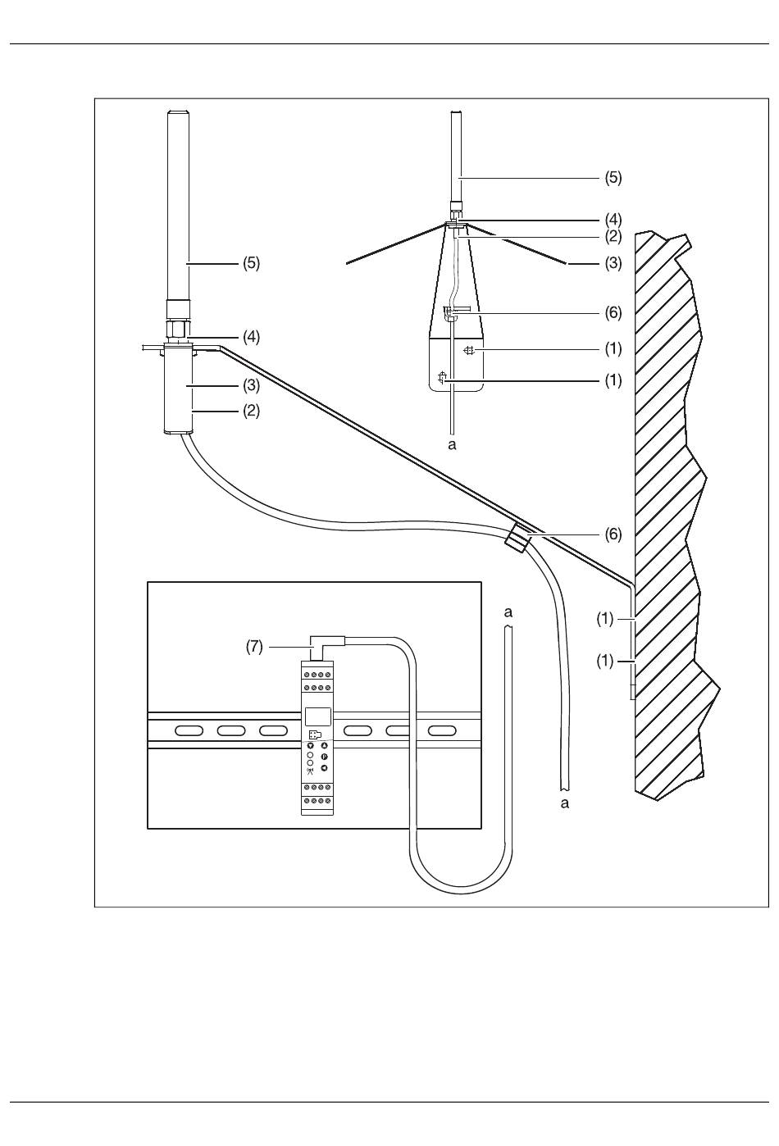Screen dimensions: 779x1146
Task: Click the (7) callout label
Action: [x=254, y=647]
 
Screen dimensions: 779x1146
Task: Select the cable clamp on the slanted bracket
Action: [x=517, y=539]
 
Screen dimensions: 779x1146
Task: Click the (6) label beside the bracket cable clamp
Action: [x=613, y=534]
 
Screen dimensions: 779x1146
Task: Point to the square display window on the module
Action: [x=317, y=716]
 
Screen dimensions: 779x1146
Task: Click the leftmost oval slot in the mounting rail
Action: [x=189, y=730]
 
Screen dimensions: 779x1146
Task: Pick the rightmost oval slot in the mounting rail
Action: [x=442, y=730]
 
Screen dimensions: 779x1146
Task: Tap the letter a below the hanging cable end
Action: [x=564, y=803]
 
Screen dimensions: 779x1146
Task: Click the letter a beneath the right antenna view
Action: [x=452, y=445]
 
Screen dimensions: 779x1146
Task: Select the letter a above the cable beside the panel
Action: [x=508, y=612]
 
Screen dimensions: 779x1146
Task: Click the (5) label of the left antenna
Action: [x=251, y=263]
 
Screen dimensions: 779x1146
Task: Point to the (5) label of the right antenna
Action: [x=613, y=178]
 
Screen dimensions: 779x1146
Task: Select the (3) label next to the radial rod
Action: [x=613, y=263]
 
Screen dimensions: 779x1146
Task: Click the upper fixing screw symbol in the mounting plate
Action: [x=469, y=351]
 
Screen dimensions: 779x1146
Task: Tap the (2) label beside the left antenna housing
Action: [x=251, y=411]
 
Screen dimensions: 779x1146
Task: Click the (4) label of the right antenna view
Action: [x=613, y=220]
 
